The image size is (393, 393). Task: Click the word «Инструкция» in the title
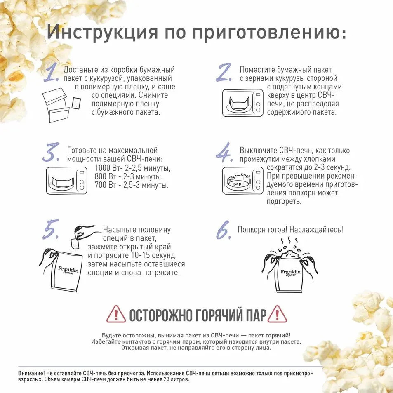click(x=103, y=32)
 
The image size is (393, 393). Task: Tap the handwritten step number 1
click(x=52, y=73)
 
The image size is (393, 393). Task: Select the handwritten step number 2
click(x=224, y=73)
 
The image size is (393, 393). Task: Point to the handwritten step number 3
click(x=51, y=152)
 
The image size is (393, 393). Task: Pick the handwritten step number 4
click(x=224, y=152)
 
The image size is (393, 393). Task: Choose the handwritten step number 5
click(x=51, y=229)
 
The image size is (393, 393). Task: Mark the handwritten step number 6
click(x=224, y=230)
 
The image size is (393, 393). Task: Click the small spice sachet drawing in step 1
click(x=76, y=103)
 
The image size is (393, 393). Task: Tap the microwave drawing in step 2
click(x=243, y=103)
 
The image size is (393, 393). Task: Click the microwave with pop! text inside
click(x=243, y=181)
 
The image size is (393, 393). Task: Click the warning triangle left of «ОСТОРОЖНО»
click(x=116, y=314)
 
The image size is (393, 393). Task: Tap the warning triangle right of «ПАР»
click(x=277, y=314)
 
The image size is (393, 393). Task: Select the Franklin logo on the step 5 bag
click(x=68, y=271)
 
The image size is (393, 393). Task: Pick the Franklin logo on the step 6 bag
click(x=290, y=273)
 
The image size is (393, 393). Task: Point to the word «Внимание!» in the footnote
click(x=31, y=373)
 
